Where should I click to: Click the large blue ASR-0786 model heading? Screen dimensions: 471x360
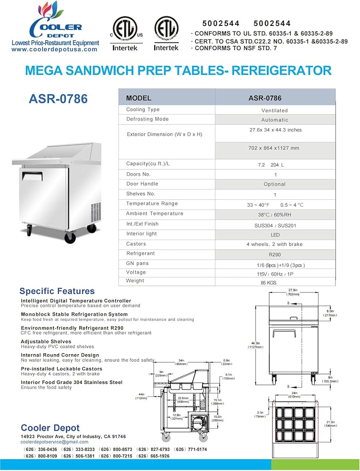58,99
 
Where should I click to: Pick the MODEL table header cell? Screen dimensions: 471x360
139,98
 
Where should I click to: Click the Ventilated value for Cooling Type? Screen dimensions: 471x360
275,110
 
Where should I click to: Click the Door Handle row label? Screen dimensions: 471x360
142,184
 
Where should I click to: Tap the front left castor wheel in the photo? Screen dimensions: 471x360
70,237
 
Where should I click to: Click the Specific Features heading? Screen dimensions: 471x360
57,291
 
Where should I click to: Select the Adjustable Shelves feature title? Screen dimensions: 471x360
46,341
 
